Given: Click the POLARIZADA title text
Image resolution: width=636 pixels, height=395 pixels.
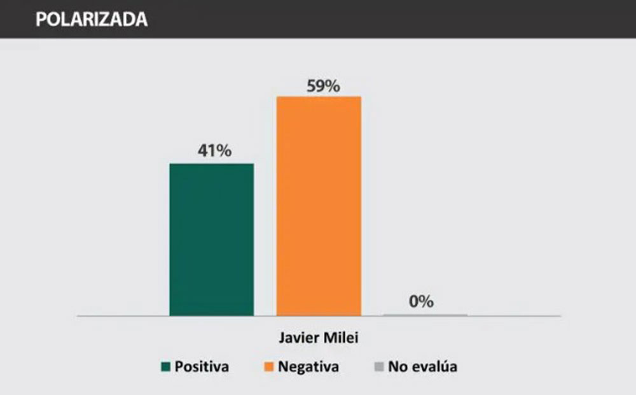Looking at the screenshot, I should click(92, 19).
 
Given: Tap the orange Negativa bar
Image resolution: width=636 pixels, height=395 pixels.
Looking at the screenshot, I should click(318, 205).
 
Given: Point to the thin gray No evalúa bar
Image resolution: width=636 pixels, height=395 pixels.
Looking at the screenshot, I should click(425, 315).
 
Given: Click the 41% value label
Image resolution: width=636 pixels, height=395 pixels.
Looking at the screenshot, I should click(214, 152).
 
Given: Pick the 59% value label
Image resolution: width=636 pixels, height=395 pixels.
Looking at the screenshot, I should click(323, 85).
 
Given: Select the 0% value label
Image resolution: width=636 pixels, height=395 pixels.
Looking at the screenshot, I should click(421, 301).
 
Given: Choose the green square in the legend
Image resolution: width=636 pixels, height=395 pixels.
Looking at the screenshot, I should click(166, 366).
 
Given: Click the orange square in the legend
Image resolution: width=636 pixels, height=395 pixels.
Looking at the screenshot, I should click(269, 366).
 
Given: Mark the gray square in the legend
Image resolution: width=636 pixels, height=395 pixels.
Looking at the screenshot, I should click(378, 366).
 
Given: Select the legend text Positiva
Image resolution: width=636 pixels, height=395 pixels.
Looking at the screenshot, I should click(202, 366).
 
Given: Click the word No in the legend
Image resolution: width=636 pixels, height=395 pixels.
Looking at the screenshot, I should click(397, 366).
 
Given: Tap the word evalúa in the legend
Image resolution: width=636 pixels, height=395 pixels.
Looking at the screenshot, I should click(433, 366).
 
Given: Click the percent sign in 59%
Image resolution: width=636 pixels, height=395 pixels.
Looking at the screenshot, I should click(332, 85).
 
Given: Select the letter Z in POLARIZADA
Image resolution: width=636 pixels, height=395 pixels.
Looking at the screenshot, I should click(110, 19).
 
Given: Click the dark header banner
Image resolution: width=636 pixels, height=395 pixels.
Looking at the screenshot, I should click(382, 19).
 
